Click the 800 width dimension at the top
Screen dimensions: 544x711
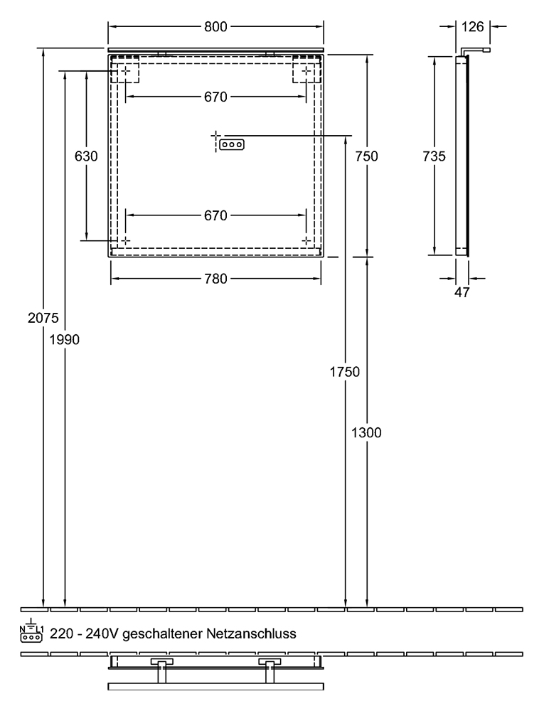[x=215, y=27]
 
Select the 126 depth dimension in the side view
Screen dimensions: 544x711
[x=472, y=27]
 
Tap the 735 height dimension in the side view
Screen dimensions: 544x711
[x=434, y=156]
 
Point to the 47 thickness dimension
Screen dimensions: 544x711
[x=462, y=292]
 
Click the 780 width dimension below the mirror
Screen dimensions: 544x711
[x=215, y=279]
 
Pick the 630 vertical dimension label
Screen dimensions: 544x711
[x=85, y=156]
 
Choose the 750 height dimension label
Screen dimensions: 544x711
[x=366, y=156]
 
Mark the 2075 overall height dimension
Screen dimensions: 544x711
[x=43, y=318]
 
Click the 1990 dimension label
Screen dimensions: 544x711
[x=65, y=339]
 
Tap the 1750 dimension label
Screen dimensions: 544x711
[x=344, y=372]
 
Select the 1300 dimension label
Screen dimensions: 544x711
[x=366, y=432]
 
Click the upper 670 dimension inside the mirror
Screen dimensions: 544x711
[x=215, y=97]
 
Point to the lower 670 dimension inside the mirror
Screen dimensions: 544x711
[x=215, y=215]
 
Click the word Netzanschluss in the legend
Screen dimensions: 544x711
[x=251, y=634]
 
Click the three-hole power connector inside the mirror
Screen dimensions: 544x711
[x=232, y=144]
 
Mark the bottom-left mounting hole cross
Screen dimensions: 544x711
[x=125, y=240]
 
